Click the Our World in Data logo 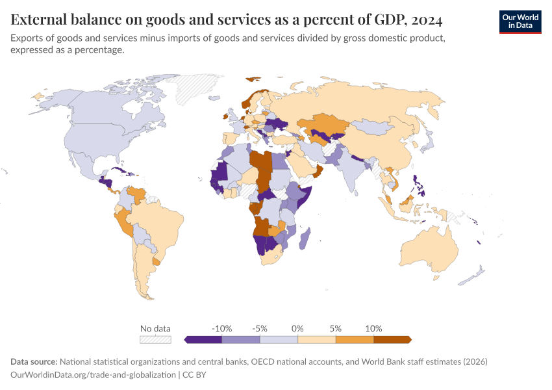520,21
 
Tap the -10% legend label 221,328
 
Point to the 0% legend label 298,328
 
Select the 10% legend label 373,328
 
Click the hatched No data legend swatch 156,339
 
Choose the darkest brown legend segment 392,339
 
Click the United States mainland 110,140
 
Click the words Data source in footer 34,361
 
